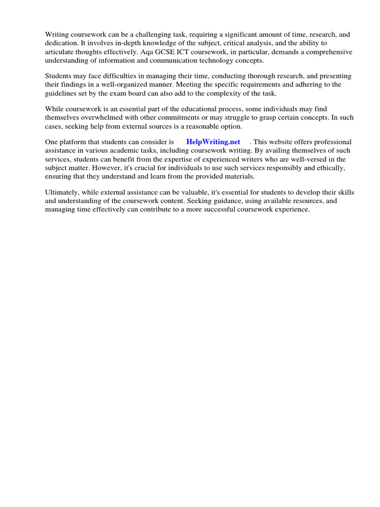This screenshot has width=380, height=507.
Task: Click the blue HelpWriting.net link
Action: (213, 142)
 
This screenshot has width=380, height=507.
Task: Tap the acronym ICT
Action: (191, 52)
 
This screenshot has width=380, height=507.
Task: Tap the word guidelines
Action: (62, 94)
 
